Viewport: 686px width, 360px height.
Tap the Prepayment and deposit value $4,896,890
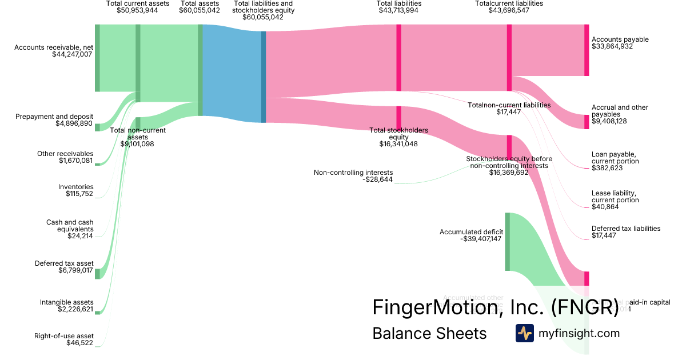(x=74, y=123)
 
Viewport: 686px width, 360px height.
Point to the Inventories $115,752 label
(x=75, y=190)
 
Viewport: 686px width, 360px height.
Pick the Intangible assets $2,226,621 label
(x=66, y=306)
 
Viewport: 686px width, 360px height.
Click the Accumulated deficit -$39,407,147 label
(x=471, y=235)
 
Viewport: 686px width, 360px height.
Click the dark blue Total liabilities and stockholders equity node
(x=264, y=77)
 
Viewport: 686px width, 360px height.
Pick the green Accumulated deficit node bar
(x=507, y=241)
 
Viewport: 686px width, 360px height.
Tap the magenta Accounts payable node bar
(x=586, y=50)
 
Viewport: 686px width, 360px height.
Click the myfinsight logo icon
(x=525, y=333)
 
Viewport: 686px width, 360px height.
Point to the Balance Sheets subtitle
(x=429, y=333)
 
